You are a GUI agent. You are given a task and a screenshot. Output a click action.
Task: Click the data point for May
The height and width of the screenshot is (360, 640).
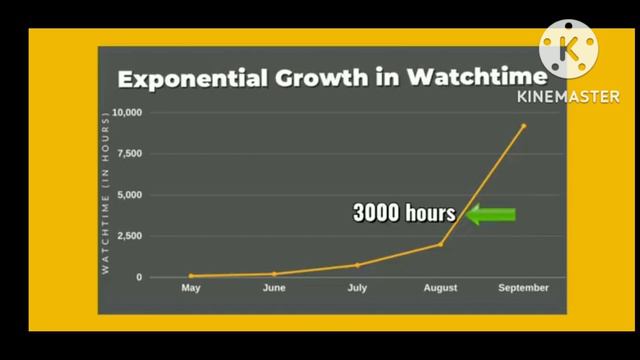tap(191, 276)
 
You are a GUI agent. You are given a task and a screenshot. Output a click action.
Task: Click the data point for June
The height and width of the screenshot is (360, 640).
tap(274, 274)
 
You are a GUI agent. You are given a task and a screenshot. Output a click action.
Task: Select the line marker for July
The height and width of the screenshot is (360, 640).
tap(357, 265)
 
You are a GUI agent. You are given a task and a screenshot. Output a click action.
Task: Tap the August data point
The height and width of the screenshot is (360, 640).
tap(440, 244)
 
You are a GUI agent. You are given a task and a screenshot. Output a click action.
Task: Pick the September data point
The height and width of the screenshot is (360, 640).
tap(523, 126)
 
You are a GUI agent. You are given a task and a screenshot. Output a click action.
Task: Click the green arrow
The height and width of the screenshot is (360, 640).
tap(491, 213)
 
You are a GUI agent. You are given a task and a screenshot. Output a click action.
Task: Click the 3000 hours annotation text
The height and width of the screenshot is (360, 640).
tap(404, 213)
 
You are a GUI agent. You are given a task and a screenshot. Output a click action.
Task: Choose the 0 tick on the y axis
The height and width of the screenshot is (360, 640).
tap(140, 277)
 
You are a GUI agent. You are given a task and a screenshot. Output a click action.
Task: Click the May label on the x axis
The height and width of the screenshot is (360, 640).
tap(191, 288)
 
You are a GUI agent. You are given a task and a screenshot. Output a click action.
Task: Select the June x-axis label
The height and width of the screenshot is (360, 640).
tap(274, 288)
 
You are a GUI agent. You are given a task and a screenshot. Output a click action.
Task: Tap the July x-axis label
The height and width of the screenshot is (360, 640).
tap(357, 288)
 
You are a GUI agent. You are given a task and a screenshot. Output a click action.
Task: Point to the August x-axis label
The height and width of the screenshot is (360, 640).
tap(440, 288)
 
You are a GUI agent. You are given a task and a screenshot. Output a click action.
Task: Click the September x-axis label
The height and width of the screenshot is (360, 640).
tap(523, 288)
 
